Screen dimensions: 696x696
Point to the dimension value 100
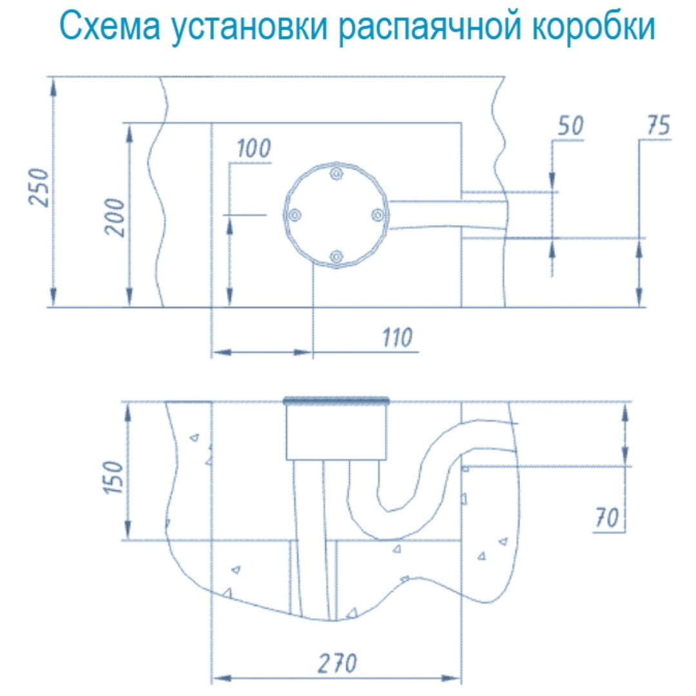[x=253, y=150]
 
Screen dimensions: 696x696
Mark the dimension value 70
[x=606, y=517]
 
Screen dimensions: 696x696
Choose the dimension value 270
[x=337, y=662]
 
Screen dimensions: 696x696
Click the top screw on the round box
[x=335, y=173]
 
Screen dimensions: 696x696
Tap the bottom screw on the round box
[x=335, y=257]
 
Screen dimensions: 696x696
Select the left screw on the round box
[x=293, y=215]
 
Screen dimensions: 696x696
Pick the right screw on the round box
[x=378, y=214]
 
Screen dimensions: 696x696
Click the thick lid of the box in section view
[x=336, y=401]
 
